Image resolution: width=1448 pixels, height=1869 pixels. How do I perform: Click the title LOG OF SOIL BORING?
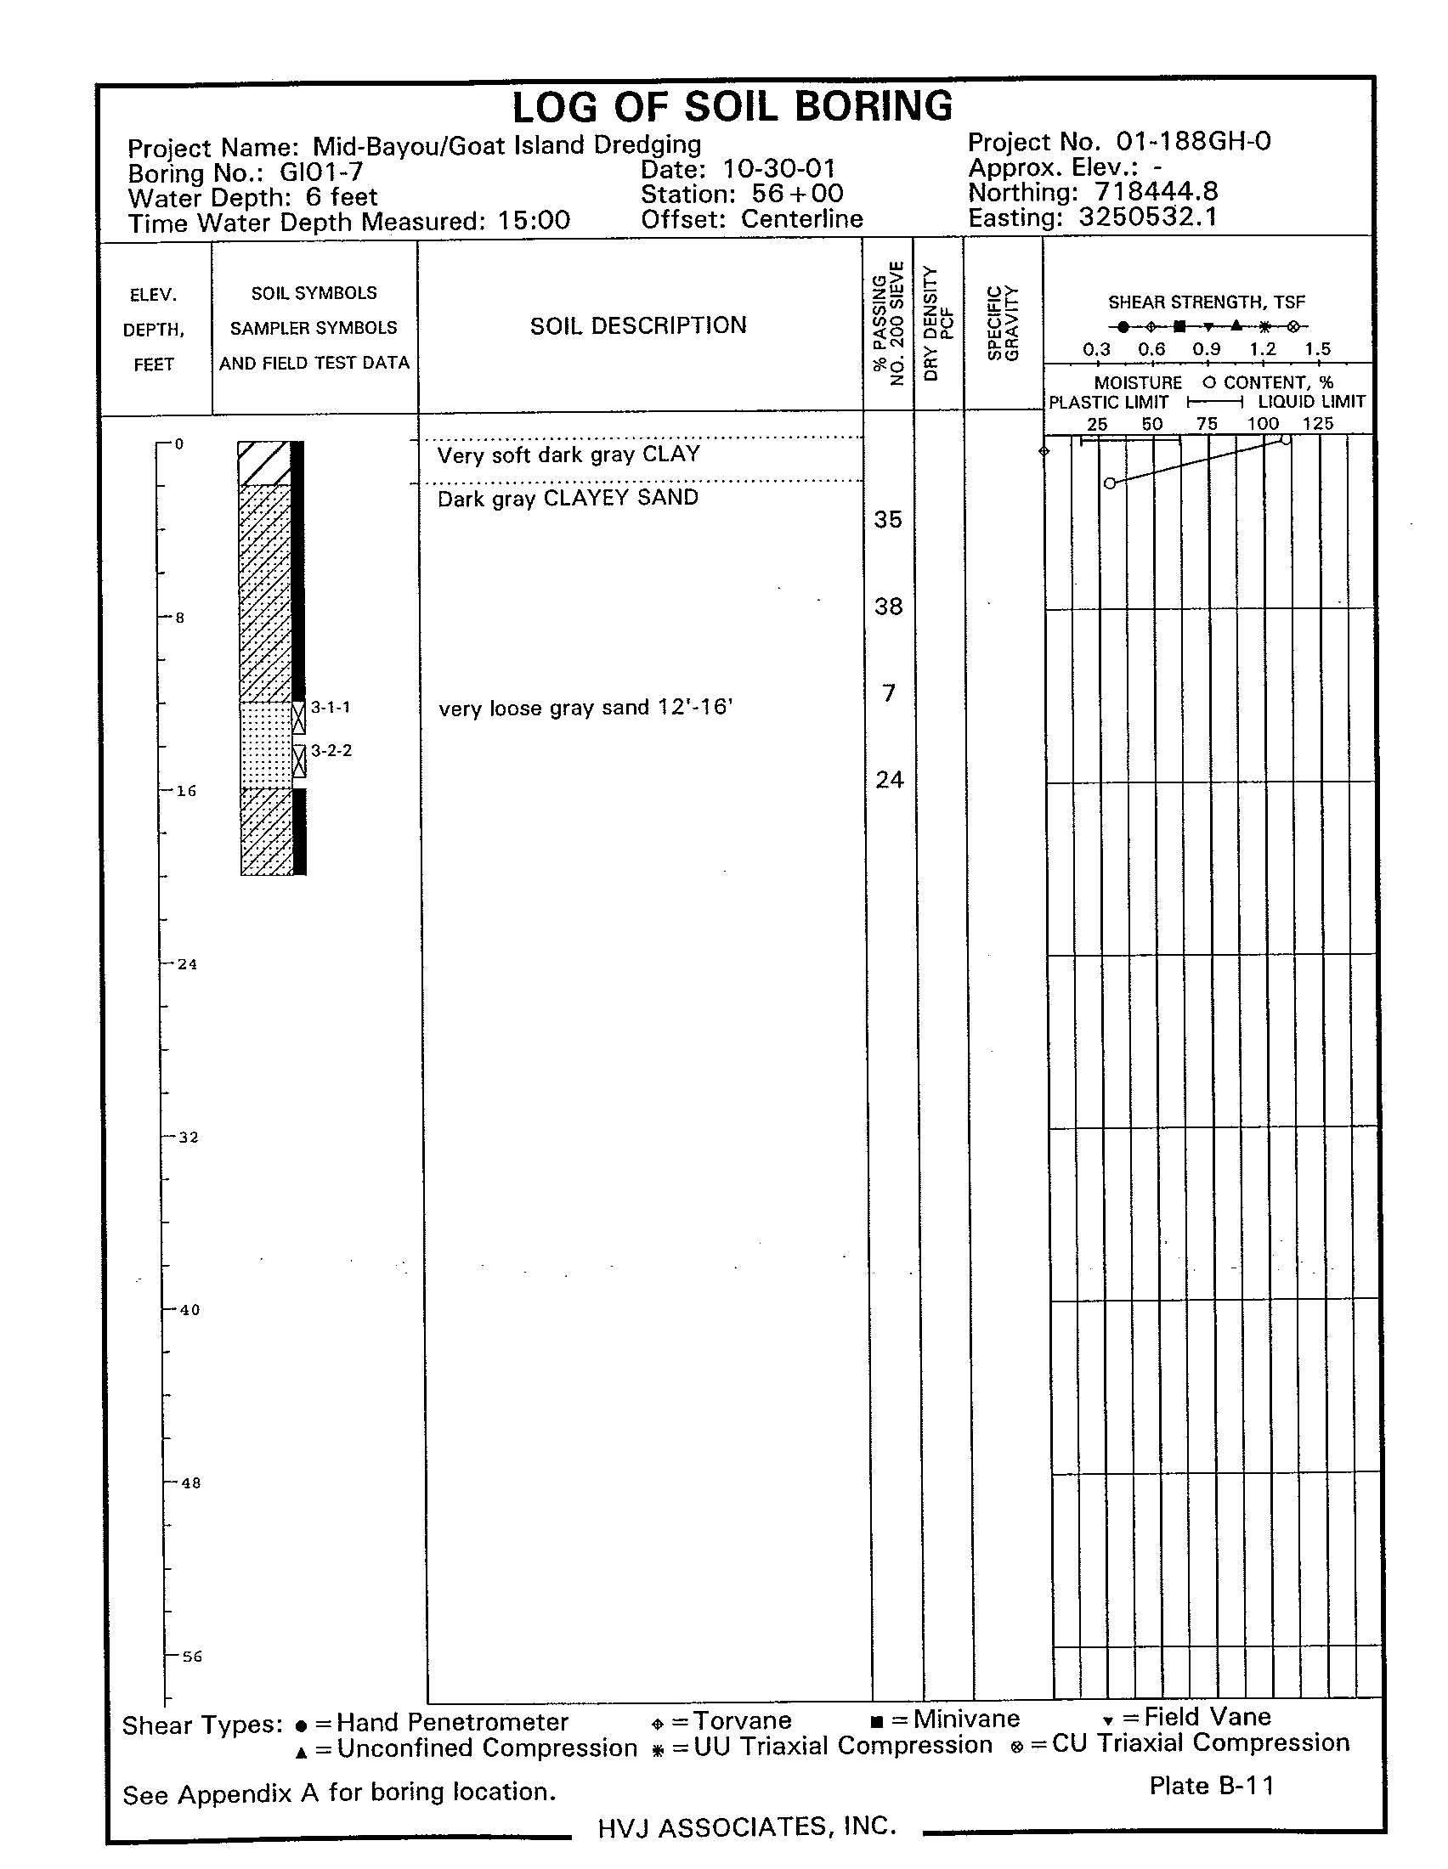pos(732,108)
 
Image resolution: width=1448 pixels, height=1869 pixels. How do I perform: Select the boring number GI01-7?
pos(322,172)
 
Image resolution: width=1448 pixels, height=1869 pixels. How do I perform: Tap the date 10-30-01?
pos(778,169)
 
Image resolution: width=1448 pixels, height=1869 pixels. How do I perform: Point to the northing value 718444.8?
pos(1157,193)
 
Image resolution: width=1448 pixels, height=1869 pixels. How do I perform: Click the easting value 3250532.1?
pos(1148,217)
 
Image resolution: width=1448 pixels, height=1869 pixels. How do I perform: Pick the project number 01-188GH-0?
pos(1193,141)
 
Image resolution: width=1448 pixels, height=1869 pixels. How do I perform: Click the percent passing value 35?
pos(887,519)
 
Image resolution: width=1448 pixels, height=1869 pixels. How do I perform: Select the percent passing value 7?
pos(889,692)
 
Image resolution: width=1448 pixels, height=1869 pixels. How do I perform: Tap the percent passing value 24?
pos(889,780)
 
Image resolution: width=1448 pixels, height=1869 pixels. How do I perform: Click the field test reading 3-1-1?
pos(331,708)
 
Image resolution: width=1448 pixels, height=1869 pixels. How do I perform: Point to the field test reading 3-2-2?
pos(331,750)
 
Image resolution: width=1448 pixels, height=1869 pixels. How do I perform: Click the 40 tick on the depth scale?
pos(189,1310)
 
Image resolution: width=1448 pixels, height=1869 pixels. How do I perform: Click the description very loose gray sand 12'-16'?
pos(585,708)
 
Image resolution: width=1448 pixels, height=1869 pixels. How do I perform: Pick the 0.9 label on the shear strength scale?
pos(1206,349)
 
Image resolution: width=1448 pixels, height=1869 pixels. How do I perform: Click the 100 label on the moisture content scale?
pos(1262,424)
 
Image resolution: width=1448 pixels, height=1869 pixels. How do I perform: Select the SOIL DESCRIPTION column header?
pos(637,325)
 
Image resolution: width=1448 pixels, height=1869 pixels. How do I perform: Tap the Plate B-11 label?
pos(1211,1785)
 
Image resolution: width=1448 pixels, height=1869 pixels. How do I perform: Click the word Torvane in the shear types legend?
pos(742,1720)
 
